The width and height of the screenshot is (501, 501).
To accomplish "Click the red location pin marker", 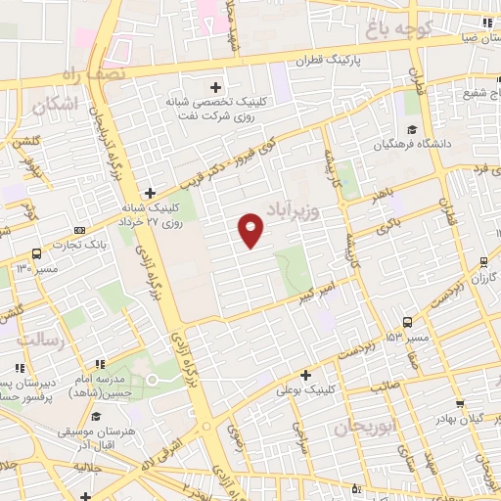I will click(251, 231).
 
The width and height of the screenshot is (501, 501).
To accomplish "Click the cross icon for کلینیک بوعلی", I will click(305, 374).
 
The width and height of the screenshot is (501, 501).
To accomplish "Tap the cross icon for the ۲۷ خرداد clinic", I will click(149, 193).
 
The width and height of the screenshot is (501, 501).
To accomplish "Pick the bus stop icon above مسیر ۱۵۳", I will click(407, 321).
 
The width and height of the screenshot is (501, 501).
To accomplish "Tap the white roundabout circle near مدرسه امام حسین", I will click(152, 379).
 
